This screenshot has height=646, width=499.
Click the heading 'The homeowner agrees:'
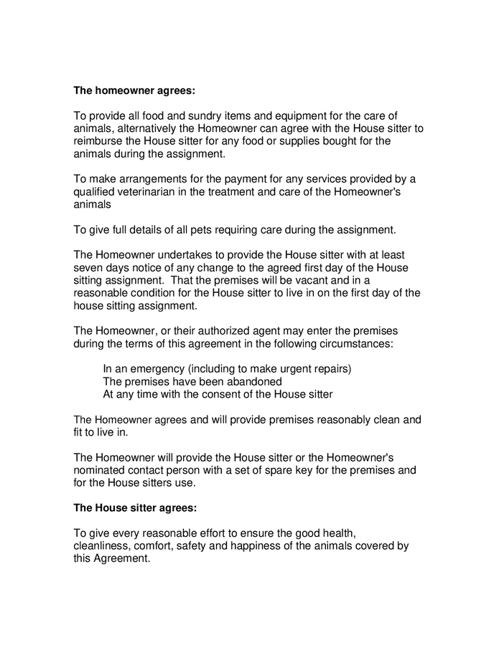(134, 91)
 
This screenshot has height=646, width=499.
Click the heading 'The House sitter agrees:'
(136, 507)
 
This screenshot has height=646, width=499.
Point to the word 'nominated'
(101, 470)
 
